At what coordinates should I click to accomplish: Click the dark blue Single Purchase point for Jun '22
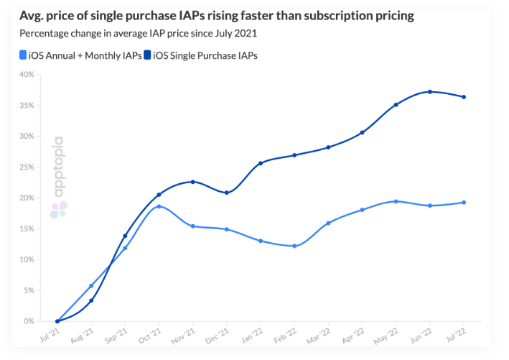tap(430, 92)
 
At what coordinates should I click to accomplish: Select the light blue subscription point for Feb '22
tap(294, 246)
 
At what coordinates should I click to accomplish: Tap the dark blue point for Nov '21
tap(192, 182)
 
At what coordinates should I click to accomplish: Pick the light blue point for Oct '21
tap(159, 206)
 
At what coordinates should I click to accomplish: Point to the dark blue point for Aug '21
tap(91, 300)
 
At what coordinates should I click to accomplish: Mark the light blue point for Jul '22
tap(464, 203)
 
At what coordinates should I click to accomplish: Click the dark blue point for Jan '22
tap(261, 163)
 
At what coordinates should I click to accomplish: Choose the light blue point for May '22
tap(396, 201)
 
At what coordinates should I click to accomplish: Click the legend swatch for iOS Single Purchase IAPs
tap(147, 55)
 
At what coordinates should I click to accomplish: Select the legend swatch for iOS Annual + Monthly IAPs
tap(24, 55)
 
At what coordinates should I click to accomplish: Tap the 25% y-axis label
tap(27, 167)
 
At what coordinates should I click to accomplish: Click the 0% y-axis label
tap(29, 321)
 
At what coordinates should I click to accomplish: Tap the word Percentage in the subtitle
tap(47, 34)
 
